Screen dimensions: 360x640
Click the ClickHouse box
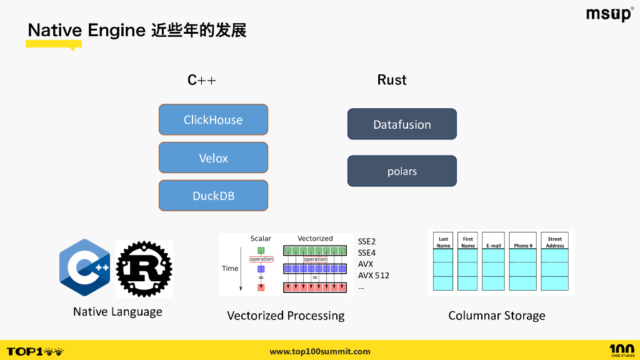tap(213, 119)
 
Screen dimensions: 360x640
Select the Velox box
tap(213, 158)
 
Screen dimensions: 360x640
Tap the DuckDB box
tap(213, 196)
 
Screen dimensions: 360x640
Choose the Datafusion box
tap(402, 124)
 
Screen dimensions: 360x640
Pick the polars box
tap(402, 171)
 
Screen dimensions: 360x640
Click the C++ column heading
tap(201, 80)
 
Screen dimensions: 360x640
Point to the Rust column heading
tap(392, 80)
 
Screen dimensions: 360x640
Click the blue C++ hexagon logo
tap(85, 267)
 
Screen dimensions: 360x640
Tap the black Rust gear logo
tap(144, 269)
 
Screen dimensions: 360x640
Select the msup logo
tap(609, 14)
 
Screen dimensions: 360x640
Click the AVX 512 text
tap(373, 275)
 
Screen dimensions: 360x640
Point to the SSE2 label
tap(367, 241)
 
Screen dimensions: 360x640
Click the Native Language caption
tap(117, 312)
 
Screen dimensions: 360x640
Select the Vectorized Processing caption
tap(286, 316)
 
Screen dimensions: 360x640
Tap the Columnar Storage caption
tap(497, 316)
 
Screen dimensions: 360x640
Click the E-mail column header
tap(494, 246)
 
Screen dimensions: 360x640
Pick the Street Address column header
tap(555, 242)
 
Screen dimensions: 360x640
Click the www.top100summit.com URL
tap(320, 351)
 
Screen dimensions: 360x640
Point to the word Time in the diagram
tap(230, 268)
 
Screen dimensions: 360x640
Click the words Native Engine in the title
tap(86, 30)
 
